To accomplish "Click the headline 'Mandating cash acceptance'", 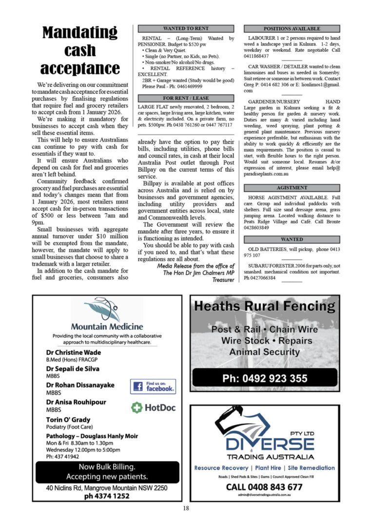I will tap(80, 50).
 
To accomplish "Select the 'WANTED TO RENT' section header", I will tap(186, 29).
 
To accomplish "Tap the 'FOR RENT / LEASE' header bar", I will tap(186, 98).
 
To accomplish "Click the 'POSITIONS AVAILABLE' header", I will tap(292, 29).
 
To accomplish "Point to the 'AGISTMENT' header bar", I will tap(292, 187).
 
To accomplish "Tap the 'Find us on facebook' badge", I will tap(153, 387).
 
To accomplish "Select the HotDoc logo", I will tap(153, 407).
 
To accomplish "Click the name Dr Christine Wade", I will tap(74, 352).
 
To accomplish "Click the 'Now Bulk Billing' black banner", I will tap(107, 471).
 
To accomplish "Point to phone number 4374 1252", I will tap(107, 496).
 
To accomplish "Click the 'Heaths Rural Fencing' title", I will tap(264, 306).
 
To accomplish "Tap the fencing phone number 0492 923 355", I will tap(265, 378).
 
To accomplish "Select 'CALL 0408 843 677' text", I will tap(264, 487).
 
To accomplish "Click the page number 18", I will tap(186, 508).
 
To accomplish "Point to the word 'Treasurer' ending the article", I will tap(223, 280).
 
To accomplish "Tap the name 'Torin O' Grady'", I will tap(68, 420).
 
